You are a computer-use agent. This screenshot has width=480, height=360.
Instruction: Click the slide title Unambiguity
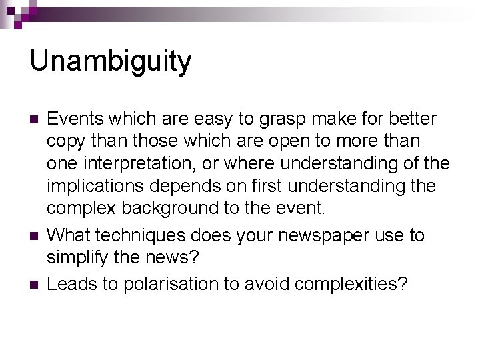[x=110, y=61]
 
